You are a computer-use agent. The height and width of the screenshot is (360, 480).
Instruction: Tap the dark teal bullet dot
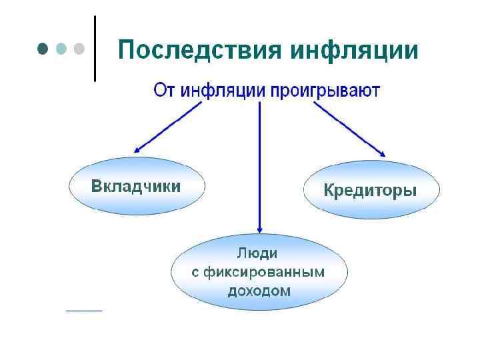click(43, 49)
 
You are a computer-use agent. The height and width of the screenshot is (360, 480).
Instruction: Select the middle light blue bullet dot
click(62, 49)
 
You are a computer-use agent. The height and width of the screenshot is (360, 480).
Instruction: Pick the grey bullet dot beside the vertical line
click(79, 49)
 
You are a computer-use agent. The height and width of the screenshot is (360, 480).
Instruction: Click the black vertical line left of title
click(95, 48)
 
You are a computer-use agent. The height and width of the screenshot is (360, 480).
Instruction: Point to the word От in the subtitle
click(164, 90)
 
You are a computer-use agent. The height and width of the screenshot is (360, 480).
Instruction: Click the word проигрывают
click(325, 90)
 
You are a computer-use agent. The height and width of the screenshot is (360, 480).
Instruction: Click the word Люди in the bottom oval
click(258, 253)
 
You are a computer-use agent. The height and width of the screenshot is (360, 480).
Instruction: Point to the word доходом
click(259, 291)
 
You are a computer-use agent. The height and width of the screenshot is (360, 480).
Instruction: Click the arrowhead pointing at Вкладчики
click(139, 150)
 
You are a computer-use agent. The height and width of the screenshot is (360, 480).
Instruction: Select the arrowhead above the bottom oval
click(259, 228)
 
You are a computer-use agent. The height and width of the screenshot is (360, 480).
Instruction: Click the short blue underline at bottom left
click(84, 310)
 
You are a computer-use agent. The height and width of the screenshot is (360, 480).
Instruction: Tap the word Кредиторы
click(371, 191)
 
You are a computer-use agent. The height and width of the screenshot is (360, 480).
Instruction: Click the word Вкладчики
click(135, 186)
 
